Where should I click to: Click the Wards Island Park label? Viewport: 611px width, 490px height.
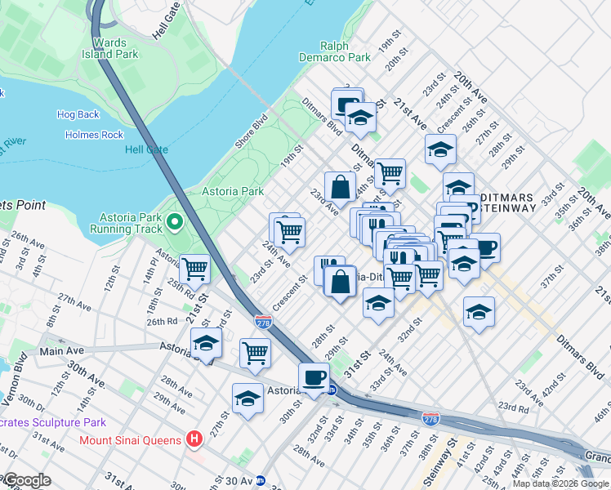[x=115, y=48]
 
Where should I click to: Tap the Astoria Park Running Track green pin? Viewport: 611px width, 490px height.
[x=174, y=221]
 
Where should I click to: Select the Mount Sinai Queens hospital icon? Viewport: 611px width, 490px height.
[x=194, y=439]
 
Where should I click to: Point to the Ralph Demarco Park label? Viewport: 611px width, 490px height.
[x=346, y=52]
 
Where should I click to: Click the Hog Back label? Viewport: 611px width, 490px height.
[x=78, y=115]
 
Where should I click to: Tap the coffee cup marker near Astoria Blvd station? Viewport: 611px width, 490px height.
[x=314, y=377]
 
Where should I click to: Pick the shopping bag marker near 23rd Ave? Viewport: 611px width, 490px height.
[x=339, y=186]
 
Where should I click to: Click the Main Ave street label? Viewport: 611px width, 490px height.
[x=62, y=351]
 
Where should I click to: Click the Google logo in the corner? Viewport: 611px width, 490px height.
[x=26, y=480]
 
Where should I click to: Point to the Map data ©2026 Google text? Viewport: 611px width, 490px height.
[x=560, y=483]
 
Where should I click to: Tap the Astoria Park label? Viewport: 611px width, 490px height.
[x=234, y=191]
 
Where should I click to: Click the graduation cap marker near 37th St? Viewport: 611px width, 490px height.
[x=479, y=311]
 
